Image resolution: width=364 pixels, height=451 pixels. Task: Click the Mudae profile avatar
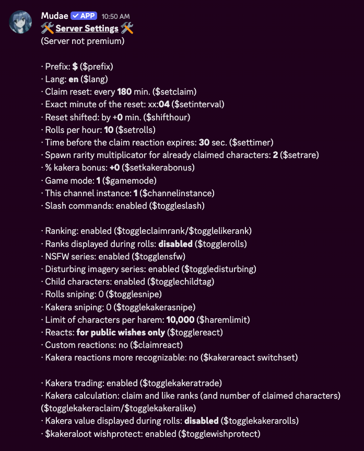tap(20, 22)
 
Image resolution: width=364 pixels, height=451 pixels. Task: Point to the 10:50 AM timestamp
tap(116, 16)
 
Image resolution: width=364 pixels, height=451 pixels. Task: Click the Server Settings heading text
tap(87, 28)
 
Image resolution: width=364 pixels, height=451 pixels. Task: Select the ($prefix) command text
tap(97, 66)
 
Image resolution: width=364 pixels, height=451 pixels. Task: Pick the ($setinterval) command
tap(192, 104)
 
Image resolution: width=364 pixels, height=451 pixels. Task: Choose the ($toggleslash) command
tap(177, 206)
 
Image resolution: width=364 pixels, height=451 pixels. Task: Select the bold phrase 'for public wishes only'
tap(121, 332)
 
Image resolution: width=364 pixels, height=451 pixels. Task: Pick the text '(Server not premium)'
tap(83, 41)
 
